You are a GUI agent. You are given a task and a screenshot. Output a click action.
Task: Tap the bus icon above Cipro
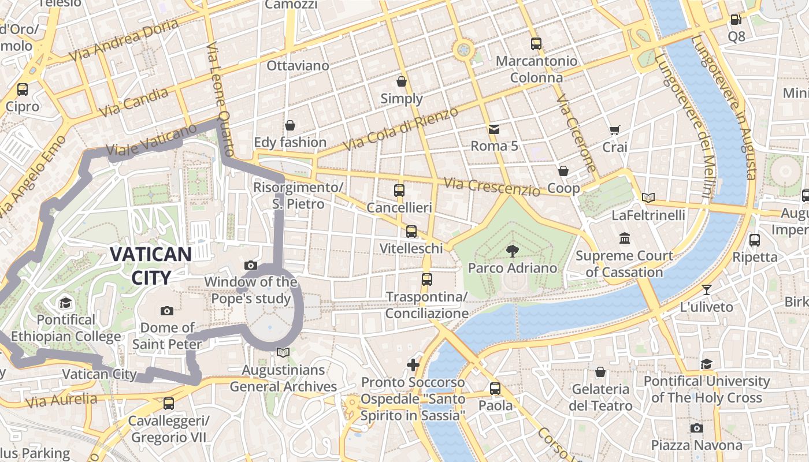pos(23,90)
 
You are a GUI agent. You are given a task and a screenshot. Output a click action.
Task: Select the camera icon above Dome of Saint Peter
pos(167,311)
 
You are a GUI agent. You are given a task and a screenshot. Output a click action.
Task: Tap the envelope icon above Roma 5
pos(494,129)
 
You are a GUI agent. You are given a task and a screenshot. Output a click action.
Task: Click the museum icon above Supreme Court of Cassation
pos(624,238)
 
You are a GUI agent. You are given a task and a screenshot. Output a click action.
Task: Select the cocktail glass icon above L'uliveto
pos(706,289)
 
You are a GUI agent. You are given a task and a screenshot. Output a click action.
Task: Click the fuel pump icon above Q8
pos(736,20)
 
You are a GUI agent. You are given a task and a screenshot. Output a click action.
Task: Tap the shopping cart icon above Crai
pos(614,131)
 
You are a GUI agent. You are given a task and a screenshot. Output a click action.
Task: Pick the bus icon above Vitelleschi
pos(411,232)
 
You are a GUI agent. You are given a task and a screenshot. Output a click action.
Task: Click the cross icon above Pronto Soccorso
pos(413,364)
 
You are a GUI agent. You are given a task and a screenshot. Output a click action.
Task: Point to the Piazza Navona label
pos(696,445)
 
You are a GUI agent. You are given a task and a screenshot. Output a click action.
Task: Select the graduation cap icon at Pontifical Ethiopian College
pos(65,303)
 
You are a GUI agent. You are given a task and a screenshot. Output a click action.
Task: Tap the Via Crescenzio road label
pos(491,187)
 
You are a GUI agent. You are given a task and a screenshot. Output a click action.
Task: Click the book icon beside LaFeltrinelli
pos(648,198)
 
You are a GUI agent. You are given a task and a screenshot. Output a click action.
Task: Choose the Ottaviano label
pos(298,66)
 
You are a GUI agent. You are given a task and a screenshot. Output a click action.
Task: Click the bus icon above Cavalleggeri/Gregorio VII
pos(168,404)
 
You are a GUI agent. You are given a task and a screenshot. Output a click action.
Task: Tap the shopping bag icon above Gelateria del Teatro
pos(600,372)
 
